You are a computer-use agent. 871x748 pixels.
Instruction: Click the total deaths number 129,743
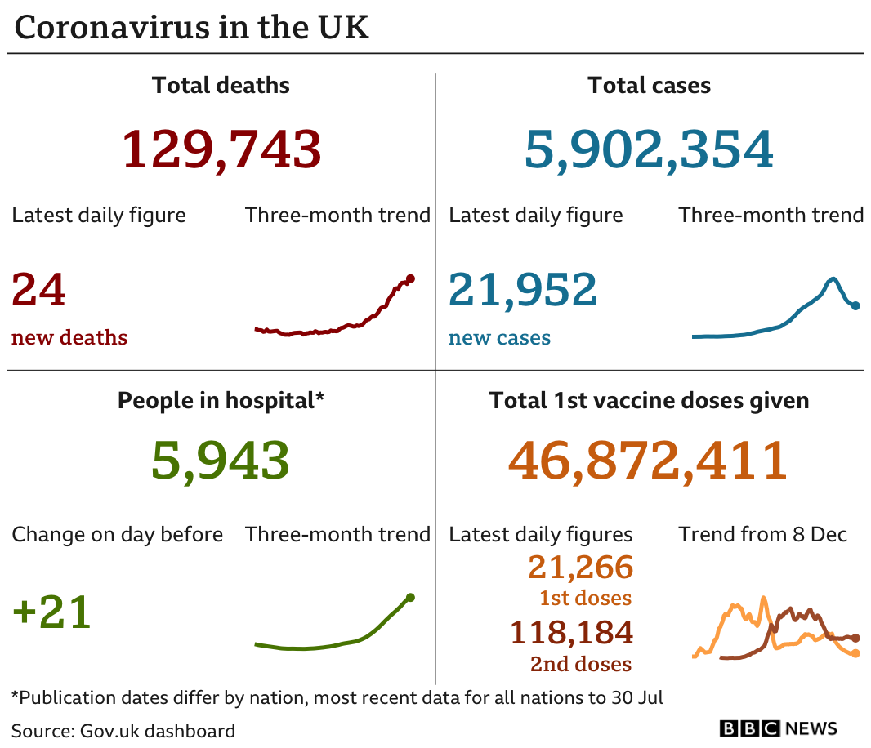click(221, 149)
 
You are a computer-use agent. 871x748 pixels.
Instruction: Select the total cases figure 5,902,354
click(649, 149)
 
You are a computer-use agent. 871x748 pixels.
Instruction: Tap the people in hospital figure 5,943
click(221, 461)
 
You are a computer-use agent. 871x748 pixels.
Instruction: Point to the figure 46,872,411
click(648, 461)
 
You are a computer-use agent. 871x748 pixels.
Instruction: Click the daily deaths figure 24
click(38, 291)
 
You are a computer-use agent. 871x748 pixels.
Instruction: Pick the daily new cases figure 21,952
click(523, 291)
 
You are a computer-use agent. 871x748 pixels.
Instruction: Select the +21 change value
click(51, 612)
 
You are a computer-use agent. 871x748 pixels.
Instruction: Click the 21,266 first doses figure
click(580, 567)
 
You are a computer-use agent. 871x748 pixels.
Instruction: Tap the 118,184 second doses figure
click(571, 632)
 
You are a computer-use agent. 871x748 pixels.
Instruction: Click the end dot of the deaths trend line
click(410, 278)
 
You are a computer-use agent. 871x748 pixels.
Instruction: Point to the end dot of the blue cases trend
click(855, 305)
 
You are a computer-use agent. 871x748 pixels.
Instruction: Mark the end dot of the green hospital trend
click(410, 598)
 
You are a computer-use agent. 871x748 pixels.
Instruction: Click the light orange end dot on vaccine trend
click(855, 652)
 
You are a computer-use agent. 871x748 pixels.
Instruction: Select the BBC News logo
click(779, 728)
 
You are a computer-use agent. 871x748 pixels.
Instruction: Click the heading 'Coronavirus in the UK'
click(192, 28)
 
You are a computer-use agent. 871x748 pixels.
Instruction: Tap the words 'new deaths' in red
click(69, 337)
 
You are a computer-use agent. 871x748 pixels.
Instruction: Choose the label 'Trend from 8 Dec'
click(762, 535)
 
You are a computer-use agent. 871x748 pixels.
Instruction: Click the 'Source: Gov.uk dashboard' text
click(123, 730)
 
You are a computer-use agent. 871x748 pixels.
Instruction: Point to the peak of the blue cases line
click(833, 279)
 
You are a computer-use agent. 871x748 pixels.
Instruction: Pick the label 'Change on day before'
click(117, 535)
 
